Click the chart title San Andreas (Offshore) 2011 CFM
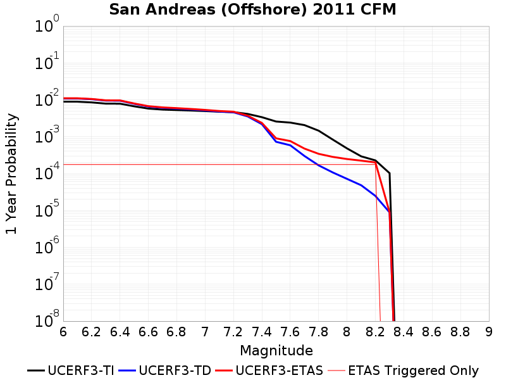pyautogui.click(x=252, y=9)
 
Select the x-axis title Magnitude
pyautogui.click(x=276, y=351)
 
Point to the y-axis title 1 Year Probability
pyautogui.click(x=11, y=174)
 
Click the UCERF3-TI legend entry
pyautogui.click(x=71, y=370)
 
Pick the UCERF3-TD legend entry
pyautogui.click(x=165, y=370)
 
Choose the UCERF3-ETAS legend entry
pyautogui.click(x=269, y=370)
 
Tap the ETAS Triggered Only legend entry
pyautogui.click(x=403, y=370)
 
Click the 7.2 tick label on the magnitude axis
pyautogui.click(x=233, y=332)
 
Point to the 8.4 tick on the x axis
pyautogui.click(x=404, y=332)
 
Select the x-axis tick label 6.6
pyautogui.click(x=148, y=332)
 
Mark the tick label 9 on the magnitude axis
pyautogui.click(x=489, y=332)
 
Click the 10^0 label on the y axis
pyautogui.click(x=47, y=23)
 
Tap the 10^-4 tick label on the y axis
pyautogui.click(x=47, y=171)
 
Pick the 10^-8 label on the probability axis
pyautogui.click(x=47, y=319)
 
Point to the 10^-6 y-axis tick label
pyautogui.click(x=47, y=245)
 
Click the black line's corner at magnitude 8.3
pyautogui.click(x=390, y=174)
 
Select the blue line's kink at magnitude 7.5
pyautogui.click(x=276, y=141)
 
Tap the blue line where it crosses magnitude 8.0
pyautogui.click(x=347, y=179)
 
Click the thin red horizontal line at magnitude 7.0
pyautogui.click(x=205, y=165)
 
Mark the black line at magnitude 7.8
pyautogui.click(x=319, y=130)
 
